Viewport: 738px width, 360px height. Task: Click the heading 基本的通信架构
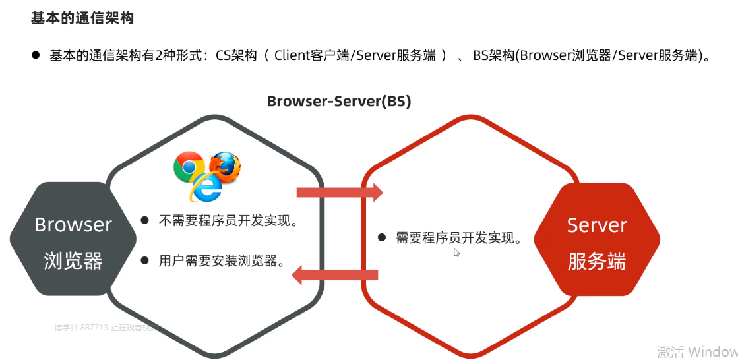click(x=82, y=18)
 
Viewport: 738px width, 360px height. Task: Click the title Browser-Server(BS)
click(x=339, y=102)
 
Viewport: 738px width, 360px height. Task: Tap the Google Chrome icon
click(x=189, y=167)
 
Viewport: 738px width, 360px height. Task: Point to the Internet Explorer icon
click(x=206, y=188)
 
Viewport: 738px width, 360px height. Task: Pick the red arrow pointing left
click(x=335, y=274)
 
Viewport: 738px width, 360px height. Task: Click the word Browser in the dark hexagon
click(x=73, y=225)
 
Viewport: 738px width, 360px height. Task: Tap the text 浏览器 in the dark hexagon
click(x=73, y=261)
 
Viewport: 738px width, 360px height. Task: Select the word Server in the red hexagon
click(x=596, y=225)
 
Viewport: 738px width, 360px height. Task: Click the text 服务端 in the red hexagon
click(x=596, y=261)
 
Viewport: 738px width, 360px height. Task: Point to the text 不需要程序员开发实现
click(x=228, y=221)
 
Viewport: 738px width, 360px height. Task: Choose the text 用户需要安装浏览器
click(x=222, y=260)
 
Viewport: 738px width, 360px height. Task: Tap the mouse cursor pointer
click(x=456, y=252)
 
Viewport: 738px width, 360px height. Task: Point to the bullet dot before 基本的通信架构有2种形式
click(x=36, y=55)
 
